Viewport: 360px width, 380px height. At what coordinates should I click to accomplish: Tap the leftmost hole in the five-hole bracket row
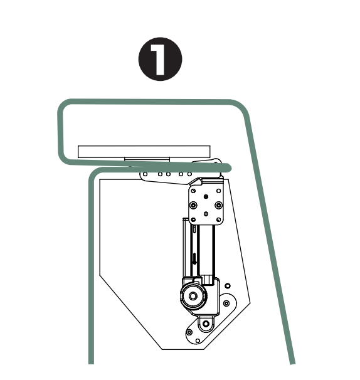point(146,174)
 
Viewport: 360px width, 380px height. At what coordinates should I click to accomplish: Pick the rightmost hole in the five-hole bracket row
point(190,173)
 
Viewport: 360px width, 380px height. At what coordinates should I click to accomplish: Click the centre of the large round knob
point(193,295)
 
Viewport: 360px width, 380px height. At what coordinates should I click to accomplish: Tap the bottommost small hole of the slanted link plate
point(197,340)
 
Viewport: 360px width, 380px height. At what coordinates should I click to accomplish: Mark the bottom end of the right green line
point(292,362)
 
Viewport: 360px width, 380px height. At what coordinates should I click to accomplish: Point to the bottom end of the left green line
point(92,362)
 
